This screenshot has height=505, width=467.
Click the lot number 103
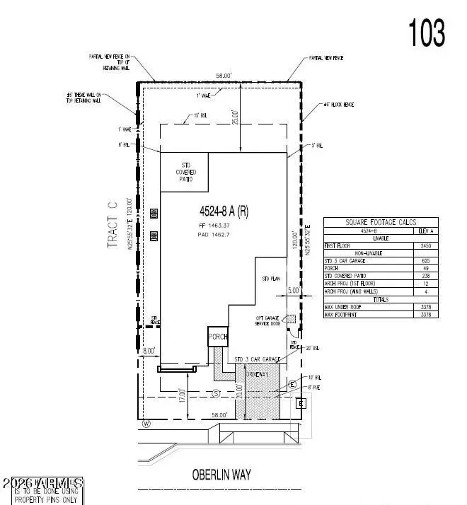coord(426,32)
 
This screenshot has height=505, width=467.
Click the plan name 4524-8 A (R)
coord(224,210)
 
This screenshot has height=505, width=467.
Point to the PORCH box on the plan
coord(217,337)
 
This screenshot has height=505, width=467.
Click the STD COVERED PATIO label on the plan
coord(185,173)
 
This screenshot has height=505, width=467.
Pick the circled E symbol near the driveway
coord(292,384)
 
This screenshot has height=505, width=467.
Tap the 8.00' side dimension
coord(148,349)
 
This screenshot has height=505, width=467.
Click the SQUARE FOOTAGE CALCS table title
coord(380,222)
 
